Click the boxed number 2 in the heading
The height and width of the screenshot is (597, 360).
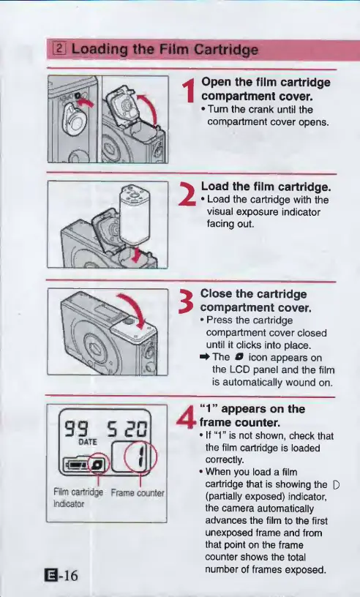tap(60, 49)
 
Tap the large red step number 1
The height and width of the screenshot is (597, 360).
tap(189, 91)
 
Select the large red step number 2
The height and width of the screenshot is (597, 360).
tap(188, 195)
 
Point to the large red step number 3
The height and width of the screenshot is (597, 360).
tap(187, 301)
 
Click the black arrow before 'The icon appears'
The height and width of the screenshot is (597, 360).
tap(205, 358)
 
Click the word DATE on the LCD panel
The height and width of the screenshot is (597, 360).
tap(88, 442)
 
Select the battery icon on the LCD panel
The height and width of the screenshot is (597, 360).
tap(76, 464)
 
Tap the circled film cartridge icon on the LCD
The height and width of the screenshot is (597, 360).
tap(98, 463)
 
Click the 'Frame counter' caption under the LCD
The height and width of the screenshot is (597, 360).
tap(138, 493)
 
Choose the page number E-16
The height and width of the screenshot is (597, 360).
tap(61, 575)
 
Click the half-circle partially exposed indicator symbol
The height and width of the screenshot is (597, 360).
tap(336, 484)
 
